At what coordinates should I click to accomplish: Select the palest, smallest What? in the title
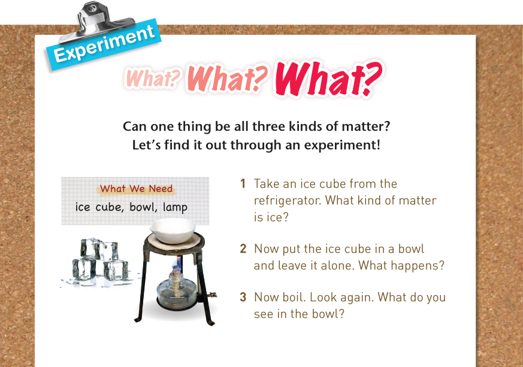(x=152, y=78)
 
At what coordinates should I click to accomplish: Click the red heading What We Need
(x=136, y=189)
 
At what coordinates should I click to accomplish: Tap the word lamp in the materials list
(x=175, y=207)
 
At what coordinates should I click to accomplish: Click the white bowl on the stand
(x=173, y=230)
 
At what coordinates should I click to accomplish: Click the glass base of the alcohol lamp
(x=176, y=293)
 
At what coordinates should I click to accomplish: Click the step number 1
(x=243, y=183)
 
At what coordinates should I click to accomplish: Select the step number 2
(x=243, y=249)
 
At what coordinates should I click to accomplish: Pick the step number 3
(x=243, y=297)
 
